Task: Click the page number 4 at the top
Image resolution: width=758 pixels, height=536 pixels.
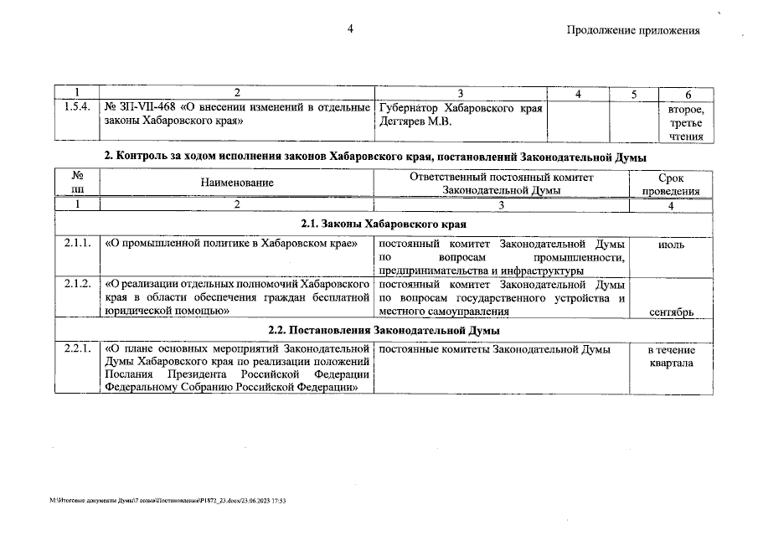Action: coord(351,30)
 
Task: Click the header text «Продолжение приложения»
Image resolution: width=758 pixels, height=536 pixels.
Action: coord(632,31)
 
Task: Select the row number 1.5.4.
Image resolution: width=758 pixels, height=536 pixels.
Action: coord(76,108)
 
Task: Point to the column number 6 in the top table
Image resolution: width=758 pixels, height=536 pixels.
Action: coord(686,93)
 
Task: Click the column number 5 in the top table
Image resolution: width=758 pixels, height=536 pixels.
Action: coord(634,93)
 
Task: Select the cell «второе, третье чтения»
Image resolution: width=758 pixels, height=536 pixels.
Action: coord(686,122)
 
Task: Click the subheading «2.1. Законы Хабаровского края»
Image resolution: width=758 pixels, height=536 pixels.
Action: coord(383,224)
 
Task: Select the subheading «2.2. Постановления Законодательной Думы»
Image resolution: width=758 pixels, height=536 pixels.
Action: coord(383,330)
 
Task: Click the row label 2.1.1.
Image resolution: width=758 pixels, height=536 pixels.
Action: coord(76,245)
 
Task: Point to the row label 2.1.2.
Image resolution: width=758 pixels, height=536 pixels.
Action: coord(76,284)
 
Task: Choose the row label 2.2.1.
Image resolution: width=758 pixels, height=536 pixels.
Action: coord(76,349)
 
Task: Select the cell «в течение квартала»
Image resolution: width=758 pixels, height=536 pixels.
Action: coord(671,357)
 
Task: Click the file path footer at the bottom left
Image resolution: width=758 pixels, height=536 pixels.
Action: coord(168,500)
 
